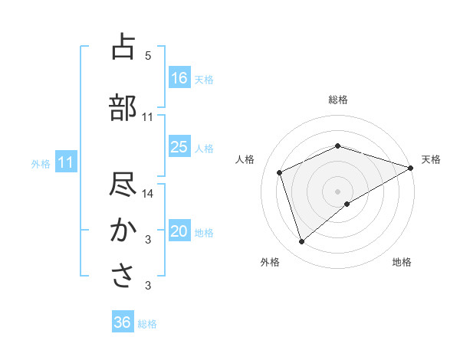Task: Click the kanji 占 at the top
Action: [x=123, y=47]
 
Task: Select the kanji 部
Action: [x=123, y=108]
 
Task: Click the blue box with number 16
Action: [x=179, y=77]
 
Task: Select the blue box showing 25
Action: [x=179, y=147]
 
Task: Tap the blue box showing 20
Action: [x=179, y=231]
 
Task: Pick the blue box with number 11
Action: [x=66, y=162]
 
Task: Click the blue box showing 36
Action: [x=123, y=322]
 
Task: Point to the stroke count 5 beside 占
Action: [x=148, y=56]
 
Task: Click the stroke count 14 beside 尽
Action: [x=148, y=194]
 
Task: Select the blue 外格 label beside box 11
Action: [x=41, y=163]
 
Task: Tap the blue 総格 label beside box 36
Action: [x=147, y=323]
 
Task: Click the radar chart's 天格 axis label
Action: [x=431, y=159]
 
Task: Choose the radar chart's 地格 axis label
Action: [x=402, y=262]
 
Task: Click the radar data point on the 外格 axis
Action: [x=301, y=242]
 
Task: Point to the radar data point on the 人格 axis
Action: [x=280, y=172]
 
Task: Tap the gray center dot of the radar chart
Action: [x=337, y=191]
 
